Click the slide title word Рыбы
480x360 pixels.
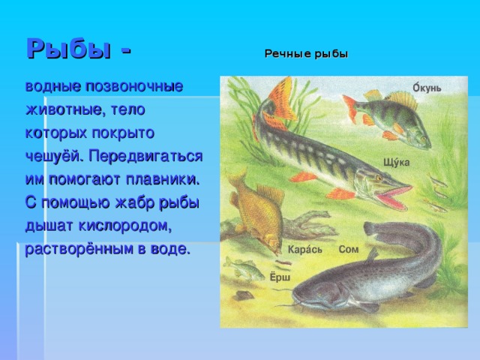[x=68, y=48]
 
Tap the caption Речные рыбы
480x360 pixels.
[x=307, y=54]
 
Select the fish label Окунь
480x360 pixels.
[x=427, y=88]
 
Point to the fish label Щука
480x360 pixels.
[x=397, y=162]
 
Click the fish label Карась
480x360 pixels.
[x=305, y=250]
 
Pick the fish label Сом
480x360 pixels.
[x=349, y=249]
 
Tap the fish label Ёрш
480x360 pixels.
[x=280, y=277]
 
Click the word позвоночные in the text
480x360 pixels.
[x=134, y=87]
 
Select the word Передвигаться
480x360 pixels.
[x=145, y=156]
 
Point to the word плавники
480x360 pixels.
[x=163, y=179]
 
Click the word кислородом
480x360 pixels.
[x=125, y=226]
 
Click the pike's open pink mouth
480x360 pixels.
[x=393, y=196]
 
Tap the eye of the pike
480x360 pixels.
[x=379, y=178]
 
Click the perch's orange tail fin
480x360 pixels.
[x=350, y=108]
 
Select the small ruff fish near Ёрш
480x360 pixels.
[x=243, y=268]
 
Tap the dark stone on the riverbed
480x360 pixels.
[x=244, y=295]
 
